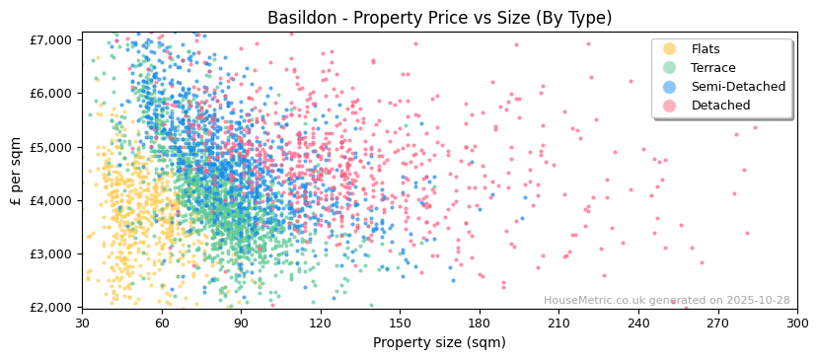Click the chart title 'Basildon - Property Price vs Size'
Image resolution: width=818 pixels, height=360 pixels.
[x=439, y=18]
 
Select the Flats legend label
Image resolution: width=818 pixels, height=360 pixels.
[x=705, y=49]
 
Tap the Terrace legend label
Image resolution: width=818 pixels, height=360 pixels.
[x=712, y=68]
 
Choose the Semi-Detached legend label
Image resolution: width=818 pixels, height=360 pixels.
[x=738, y=87]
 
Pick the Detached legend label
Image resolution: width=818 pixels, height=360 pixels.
[x=720, y=106]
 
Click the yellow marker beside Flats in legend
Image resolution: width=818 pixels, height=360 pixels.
[x=669, y=49]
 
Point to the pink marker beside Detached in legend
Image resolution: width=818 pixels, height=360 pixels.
[x=669, y=106]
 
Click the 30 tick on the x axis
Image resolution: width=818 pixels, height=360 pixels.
[x=82, y=323]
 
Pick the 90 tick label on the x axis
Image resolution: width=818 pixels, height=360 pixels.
[x=241, y=323]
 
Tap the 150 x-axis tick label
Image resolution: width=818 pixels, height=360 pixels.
[x=400, y=323]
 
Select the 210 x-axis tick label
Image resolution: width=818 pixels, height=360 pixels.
[x=558, y=323]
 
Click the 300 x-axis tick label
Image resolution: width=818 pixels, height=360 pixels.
[x=796, y=323]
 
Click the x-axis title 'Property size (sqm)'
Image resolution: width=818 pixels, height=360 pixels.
[x=439, y=343]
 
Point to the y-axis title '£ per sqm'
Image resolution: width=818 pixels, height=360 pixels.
[x=17, y=173]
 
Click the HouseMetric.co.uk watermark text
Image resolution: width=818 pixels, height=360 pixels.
[x=666, y=300]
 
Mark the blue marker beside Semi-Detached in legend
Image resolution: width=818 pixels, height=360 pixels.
[x=669, y=87]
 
